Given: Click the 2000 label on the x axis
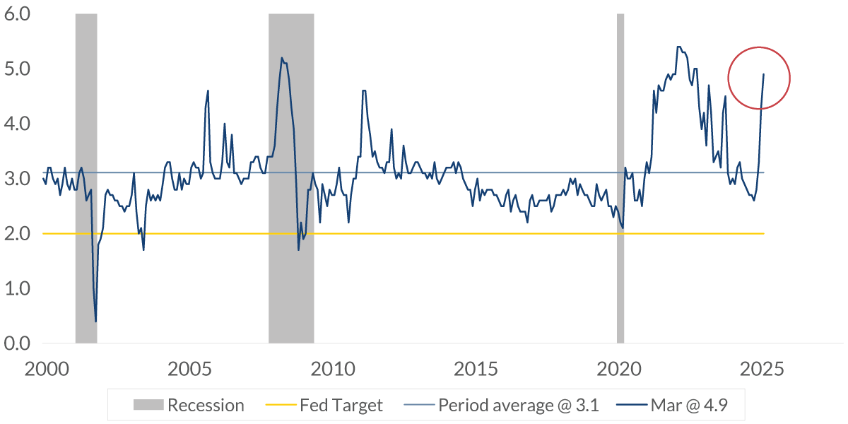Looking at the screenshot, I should pos(43,369).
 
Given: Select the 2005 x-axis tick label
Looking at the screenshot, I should pos(187,369).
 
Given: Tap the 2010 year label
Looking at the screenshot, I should pos(331,369).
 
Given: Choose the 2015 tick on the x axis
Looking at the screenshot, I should pos(475,369).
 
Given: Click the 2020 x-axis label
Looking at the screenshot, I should pos(619,369).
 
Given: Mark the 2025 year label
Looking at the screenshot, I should pos(762,369).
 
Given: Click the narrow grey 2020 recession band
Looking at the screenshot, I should pos(620,177).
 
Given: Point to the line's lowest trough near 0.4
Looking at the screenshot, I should pos(95,322).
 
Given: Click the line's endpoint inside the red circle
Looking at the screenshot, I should pos(763,74).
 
